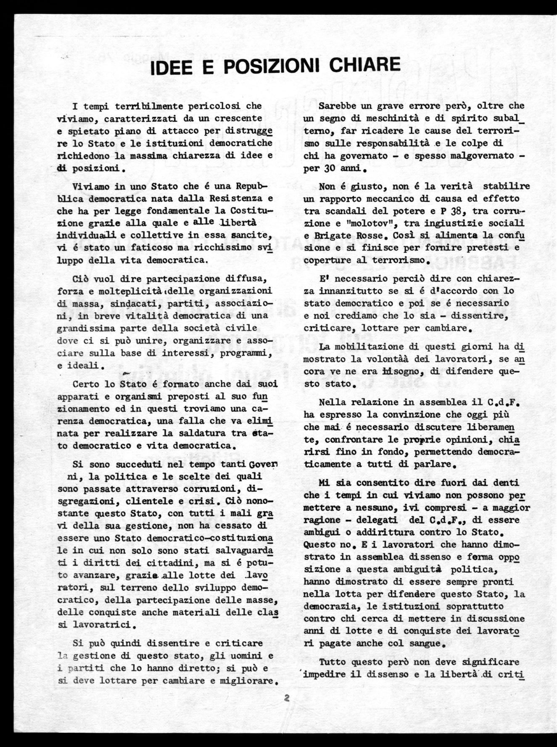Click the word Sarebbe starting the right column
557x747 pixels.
pyautogui.click(x=337, y=106)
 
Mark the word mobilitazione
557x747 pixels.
pyautogui.click(x=374, y=347)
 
